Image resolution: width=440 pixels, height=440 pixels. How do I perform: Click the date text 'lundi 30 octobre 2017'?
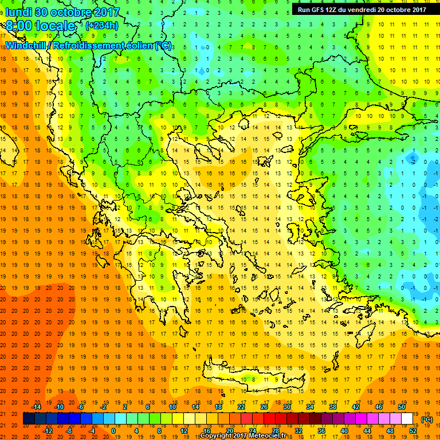(62, 11)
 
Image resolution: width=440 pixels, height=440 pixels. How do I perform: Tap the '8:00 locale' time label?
(41, 26)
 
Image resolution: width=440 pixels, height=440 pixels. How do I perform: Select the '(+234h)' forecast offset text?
(102, 25)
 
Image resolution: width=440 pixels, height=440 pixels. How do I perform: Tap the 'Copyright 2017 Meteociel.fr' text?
(243, 436)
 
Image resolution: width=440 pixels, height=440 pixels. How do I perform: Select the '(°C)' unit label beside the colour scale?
(427, 419)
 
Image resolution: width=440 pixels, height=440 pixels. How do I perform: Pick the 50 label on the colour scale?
(402, 407)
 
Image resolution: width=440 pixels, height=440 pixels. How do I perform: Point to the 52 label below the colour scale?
(414, 431)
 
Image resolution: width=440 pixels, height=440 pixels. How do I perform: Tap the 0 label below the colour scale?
(113, 431)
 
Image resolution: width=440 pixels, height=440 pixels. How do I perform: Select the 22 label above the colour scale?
(241, 407)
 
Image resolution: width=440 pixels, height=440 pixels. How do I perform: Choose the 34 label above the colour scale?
(310, 407)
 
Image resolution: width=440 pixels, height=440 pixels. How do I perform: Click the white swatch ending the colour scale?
(407, 419)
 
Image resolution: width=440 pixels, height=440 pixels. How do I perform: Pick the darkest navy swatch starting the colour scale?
(29, 419)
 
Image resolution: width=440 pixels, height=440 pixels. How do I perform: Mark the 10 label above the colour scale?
(172, 407)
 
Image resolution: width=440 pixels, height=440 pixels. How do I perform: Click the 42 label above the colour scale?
(356, 407)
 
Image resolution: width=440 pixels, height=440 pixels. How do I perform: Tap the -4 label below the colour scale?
(92, 431)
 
